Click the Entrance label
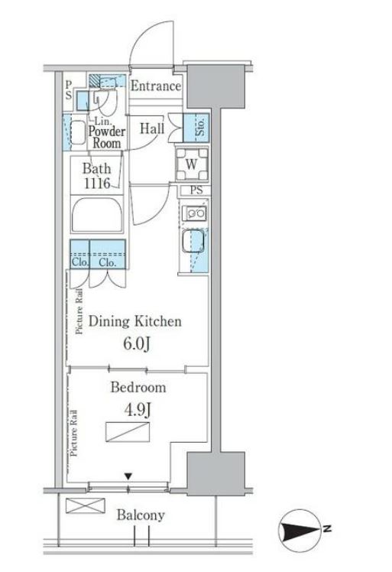[x=156, y=86]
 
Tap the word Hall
[x=152, y=128]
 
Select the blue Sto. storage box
[x=196, y=128]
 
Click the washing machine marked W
[x=192, y=164]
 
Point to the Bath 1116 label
[x=96, y=176]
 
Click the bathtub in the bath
[x=97, y=215]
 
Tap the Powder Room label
[x=107, y=137]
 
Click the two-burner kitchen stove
[x=196, y=213]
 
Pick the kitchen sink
[x=193, y=241]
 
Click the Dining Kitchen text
[x=135, y=321]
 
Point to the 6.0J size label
[x=136, y=344]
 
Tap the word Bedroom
[x=138, y=387]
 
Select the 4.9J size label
[x=138, y=411]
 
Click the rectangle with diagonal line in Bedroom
[x=128, y=432]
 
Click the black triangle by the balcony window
[x=128, y=476]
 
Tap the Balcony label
[x=141, y=515]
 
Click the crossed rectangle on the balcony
[x=86, y=506]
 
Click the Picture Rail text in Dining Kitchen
[x=79, y=311]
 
